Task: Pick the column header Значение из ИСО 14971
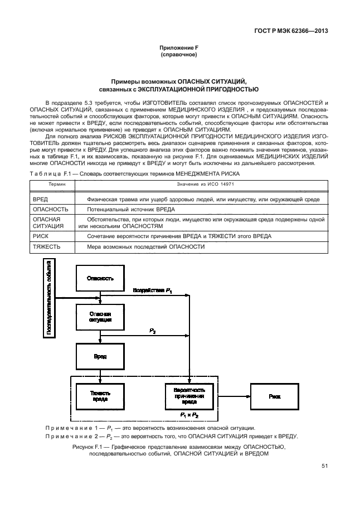coord(204,183)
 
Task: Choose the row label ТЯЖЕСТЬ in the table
coord(47,246)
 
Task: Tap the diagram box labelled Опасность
coord(100,278)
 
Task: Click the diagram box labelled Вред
coord(100,356)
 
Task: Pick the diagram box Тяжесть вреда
coord(100,396)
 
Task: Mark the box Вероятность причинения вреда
coord(189,396)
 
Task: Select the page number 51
coord(324,466)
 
